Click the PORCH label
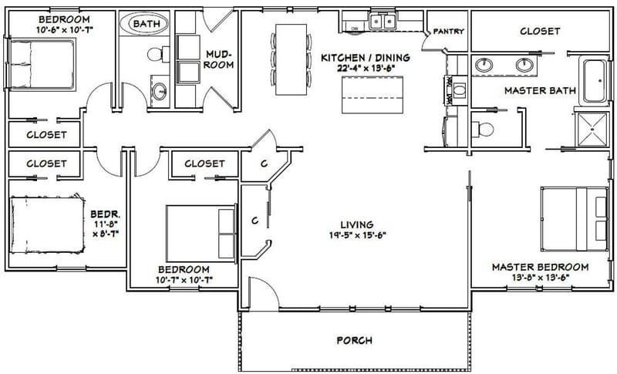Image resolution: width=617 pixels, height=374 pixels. click(x=355, y=340)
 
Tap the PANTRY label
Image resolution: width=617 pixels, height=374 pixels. click(x=447, y=32)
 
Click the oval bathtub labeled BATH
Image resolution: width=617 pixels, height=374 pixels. click(x=147, y=25)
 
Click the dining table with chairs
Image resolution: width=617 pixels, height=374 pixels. click(x=291, y=59)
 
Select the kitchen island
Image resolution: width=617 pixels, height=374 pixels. click(x=373, y=92)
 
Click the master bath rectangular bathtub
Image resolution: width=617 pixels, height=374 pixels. click(x=595, y=81)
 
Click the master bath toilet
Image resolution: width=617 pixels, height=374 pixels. click(x=483, y=127)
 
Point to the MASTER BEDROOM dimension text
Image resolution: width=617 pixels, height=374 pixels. click(x=540, y=278)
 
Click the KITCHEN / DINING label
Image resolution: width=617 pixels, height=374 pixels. click(x=365, y=57)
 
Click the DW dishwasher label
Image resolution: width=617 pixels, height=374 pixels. click(x=355, y=29)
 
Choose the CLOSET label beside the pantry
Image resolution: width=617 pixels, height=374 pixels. click(x=540, y=32)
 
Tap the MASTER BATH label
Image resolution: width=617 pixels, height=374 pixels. click(x=540, y=90)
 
